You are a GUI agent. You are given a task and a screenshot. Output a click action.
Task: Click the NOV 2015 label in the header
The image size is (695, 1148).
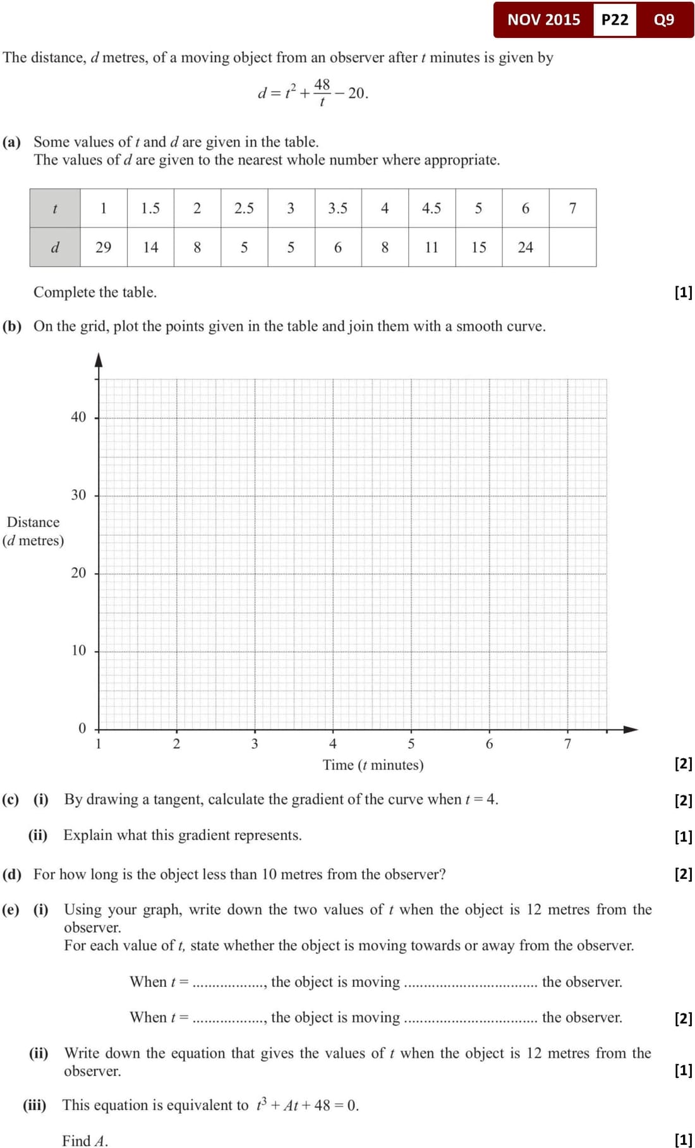(543, 20)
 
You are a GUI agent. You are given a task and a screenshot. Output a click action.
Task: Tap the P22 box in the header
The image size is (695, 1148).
(614, 20)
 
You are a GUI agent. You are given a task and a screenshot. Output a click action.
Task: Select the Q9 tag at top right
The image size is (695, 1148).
(664, 20)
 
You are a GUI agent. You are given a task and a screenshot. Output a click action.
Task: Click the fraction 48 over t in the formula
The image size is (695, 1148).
(322, 92)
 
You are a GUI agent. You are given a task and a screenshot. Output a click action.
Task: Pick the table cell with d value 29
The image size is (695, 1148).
(103, 247)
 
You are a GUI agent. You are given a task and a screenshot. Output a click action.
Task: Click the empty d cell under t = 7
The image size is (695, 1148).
(572, 247)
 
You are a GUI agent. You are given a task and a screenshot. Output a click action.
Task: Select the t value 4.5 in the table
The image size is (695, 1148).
(432, 208)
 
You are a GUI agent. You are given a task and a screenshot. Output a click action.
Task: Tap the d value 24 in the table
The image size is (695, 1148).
(525, 247)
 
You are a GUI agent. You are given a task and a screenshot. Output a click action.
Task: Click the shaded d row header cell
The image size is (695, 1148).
(55, 247)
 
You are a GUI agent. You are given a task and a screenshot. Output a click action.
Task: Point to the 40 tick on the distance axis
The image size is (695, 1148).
(78, 417)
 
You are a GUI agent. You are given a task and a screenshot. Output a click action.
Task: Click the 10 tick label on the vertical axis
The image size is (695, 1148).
(78, 651)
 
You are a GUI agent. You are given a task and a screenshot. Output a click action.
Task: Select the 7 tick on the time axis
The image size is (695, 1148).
(567, 744)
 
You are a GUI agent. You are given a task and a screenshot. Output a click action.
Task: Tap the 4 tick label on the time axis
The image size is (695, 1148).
(333, 744)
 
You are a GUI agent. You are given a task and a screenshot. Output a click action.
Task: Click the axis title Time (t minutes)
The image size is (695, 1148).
(373, 765)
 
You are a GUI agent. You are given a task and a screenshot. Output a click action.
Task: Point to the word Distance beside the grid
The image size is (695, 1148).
(33, 522)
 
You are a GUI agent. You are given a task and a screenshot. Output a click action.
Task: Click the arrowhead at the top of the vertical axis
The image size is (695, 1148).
(99, 360)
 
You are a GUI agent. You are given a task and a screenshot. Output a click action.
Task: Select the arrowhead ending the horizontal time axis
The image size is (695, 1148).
(631, 729)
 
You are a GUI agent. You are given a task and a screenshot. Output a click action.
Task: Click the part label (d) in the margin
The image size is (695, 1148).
(11, 874)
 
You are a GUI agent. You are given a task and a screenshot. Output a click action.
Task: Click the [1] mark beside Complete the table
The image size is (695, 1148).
(683, 292)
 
